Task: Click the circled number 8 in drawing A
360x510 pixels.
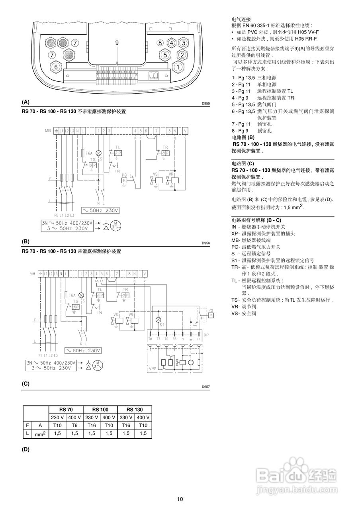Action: [160, 43]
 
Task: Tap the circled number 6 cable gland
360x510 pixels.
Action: [56, 67]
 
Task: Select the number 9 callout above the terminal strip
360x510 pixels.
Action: [117, 43]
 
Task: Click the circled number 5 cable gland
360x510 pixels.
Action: [165, 55]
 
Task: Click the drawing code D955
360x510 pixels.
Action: [205, 103]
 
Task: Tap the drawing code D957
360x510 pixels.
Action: [205, 387]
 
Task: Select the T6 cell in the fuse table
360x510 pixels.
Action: [74, 425]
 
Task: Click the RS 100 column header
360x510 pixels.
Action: [100, 410]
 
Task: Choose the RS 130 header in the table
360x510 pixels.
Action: [135, 410]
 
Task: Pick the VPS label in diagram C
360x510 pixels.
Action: [152, 369]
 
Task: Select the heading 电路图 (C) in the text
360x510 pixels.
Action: [243, 164]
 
